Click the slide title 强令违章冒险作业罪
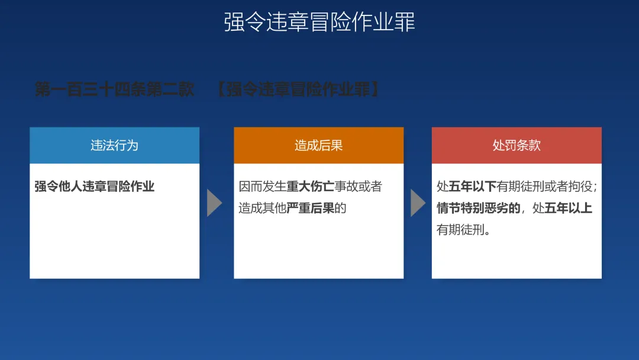click(319, 21)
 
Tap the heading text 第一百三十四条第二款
click(115, 89)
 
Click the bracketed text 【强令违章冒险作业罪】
click(298, 89)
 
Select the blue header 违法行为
click(115, 145)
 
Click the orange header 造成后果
click(319, 145)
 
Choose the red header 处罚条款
click(517, 145)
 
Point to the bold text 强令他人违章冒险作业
click(95, 187)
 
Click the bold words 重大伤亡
click(311, 187)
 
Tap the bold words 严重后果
click(311, 208)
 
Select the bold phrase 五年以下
click(472, 187)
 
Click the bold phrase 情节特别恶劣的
click(479, 208)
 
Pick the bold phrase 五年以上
click(568, 208)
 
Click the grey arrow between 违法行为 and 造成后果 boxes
click(214, 202)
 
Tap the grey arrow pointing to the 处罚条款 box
click(418, 202)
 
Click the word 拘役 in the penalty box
click(580, 187)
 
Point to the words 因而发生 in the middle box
click(263, 187)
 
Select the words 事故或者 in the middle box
click(358, 187)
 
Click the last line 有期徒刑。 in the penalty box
click(464, 230)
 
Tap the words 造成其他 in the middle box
click(263, 208)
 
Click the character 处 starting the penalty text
click(443, 187)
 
